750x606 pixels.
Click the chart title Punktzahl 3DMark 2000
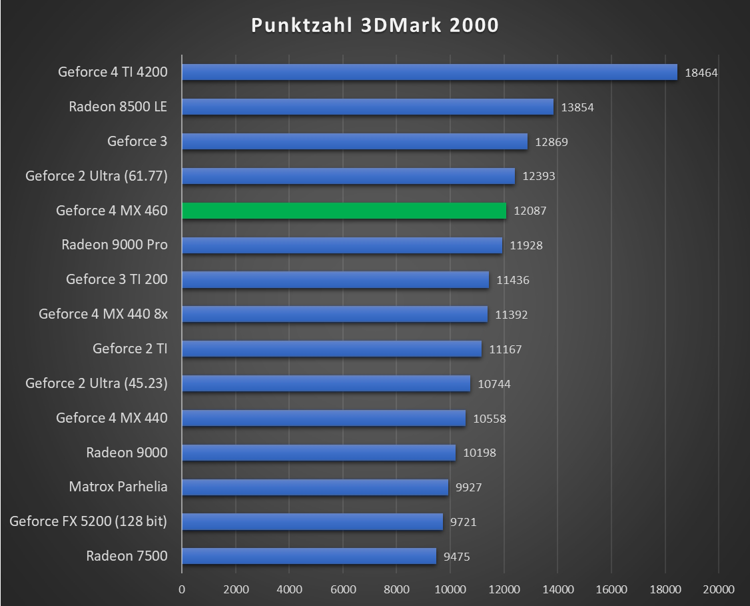click(375, 25)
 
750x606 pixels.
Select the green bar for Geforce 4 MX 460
click(344, 211)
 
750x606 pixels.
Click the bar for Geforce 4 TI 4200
click(429, 72)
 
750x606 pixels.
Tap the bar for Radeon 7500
click(308, 556)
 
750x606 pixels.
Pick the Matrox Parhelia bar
click(314, 487)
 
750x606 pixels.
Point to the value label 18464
click(701, 73)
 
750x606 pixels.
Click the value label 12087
click(530, 211)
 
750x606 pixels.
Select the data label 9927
click(468, 487)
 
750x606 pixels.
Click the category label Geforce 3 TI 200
click(117, 279)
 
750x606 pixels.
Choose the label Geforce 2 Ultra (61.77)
click(97, 176)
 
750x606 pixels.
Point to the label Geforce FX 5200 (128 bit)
click(89, 521)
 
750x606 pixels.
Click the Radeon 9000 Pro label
click(115, 245)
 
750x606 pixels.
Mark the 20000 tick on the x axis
click(718, 589)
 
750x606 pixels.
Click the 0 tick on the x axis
click(182, 589)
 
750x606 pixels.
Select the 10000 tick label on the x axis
click(450, 589)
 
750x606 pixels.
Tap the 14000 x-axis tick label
click(558, 589)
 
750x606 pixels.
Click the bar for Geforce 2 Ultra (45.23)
click(326, 383)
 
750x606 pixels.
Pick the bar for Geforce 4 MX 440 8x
click(334, 314)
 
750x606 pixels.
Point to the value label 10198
click(480, 453)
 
